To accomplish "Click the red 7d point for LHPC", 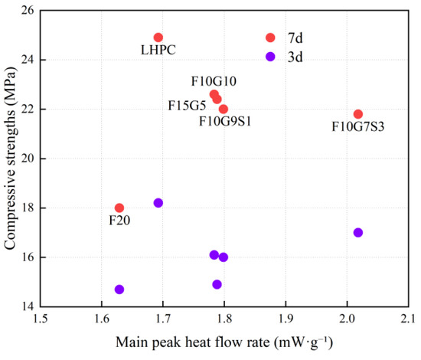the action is (x=158, y=38).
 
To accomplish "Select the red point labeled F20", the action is (x=119, y=208).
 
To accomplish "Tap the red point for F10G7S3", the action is (x=358, y=114).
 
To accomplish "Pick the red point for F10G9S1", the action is (x=223, y=109).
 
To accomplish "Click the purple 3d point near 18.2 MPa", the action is (x=158, y=203).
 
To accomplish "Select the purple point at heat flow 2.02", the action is (x=358, y=232).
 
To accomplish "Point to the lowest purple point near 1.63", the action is (x=119, y=290).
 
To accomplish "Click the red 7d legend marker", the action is (x=270, y=38).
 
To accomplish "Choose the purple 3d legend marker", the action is (x=270, y=57).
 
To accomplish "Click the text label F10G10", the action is (x=214, y=81).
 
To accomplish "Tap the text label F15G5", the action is (x=187, y=106).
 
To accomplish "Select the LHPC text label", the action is (x=158, y=50).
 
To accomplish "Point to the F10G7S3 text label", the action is (x=358, y=126).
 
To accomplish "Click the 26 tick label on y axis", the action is (x=28, y=10).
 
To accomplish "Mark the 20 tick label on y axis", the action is (x=28, y=159).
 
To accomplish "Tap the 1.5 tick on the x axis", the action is (x=41, y=319).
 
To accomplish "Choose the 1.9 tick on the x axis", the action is (x=286, y=319).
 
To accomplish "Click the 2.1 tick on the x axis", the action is (x=409, y=319).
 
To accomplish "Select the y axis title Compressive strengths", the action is (x=10, y=158).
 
